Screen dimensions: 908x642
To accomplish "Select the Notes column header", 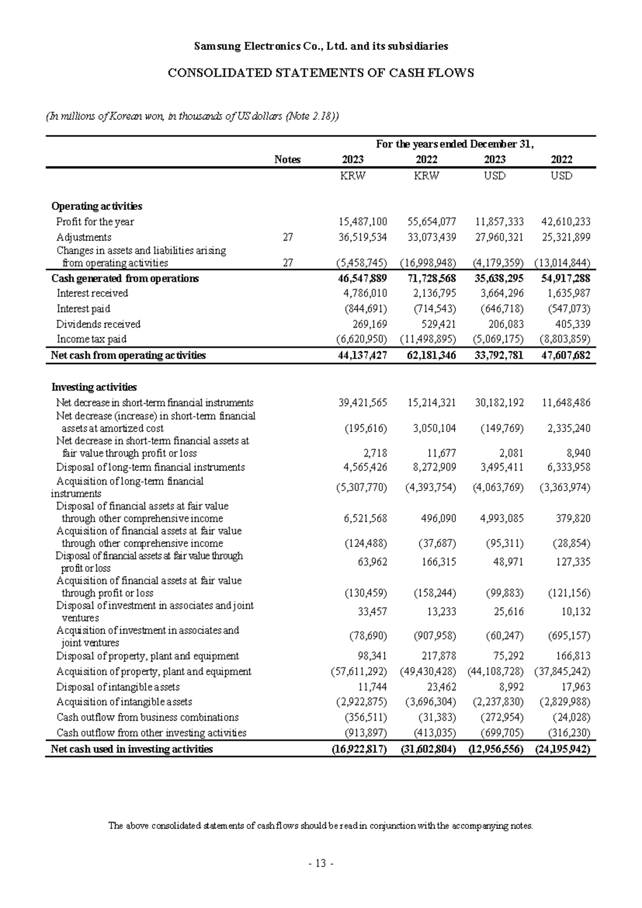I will tap(287, 160).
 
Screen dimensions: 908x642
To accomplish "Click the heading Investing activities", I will tap(94, 387).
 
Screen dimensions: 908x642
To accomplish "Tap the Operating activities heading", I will tap(96, 206).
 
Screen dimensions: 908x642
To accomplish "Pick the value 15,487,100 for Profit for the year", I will tap(363, 222).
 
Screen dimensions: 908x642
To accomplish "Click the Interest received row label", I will tap(92, 293).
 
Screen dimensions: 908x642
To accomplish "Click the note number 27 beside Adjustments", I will tap(288, 237).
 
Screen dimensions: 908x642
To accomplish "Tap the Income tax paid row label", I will tap(91, 339).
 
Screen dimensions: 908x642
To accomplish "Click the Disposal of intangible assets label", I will tap(118, 687).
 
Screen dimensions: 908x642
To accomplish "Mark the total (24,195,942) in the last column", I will tap(563, 749).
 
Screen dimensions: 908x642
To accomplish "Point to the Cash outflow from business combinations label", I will tap(148, 717).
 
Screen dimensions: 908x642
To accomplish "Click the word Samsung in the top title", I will tap(215, 46).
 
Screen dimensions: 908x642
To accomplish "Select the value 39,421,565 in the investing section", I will tap(363, 403).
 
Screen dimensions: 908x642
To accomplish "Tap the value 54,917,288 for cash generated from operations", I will tap(566, 278).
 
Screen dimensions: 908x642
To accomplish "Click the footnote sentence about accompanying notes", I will tap(321, 826).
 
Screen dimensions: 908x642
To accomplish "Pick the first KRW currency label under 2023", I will tap(353, 176).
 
